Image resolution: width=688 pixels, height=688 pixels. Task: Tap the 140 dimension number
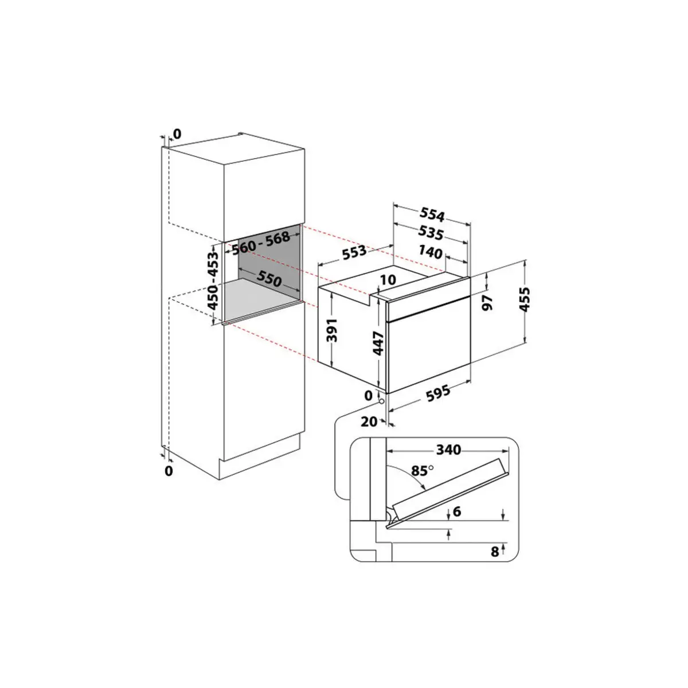point(431,252)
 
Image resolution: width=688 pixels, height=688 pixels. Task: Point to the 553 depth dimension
point(354,252)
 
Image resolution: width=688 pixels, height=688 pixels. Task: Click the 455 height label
point(524,299)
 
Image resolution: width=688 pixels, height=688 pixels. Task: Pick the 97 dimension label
point(488,303)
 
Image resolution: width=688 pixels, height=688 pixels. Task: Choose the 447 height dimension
point(378,343)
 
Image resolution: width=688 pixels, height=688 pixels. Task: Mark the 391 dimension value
point(333,330)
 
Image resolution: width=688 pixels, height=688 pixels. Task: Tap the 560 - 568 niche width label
point(261,243)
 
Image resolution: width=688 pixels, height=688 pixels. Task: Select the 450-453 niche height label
point(213,280)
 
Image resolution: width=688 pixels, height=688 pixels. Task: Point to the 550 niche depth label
point(269,279)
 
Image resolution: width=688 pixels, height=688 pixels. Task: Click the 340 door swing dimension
point(448,449)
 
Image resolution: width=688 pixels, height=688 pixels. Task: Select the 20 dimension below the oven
point(369,421)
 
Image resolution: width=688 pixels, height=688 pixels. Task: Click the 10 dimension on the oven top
point(388,280)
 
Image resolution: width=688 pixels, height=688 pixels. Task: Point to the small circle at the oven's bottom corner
point(382,401)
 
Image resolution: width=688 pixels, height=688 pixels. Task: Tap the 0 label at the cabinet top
point(177,134)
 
